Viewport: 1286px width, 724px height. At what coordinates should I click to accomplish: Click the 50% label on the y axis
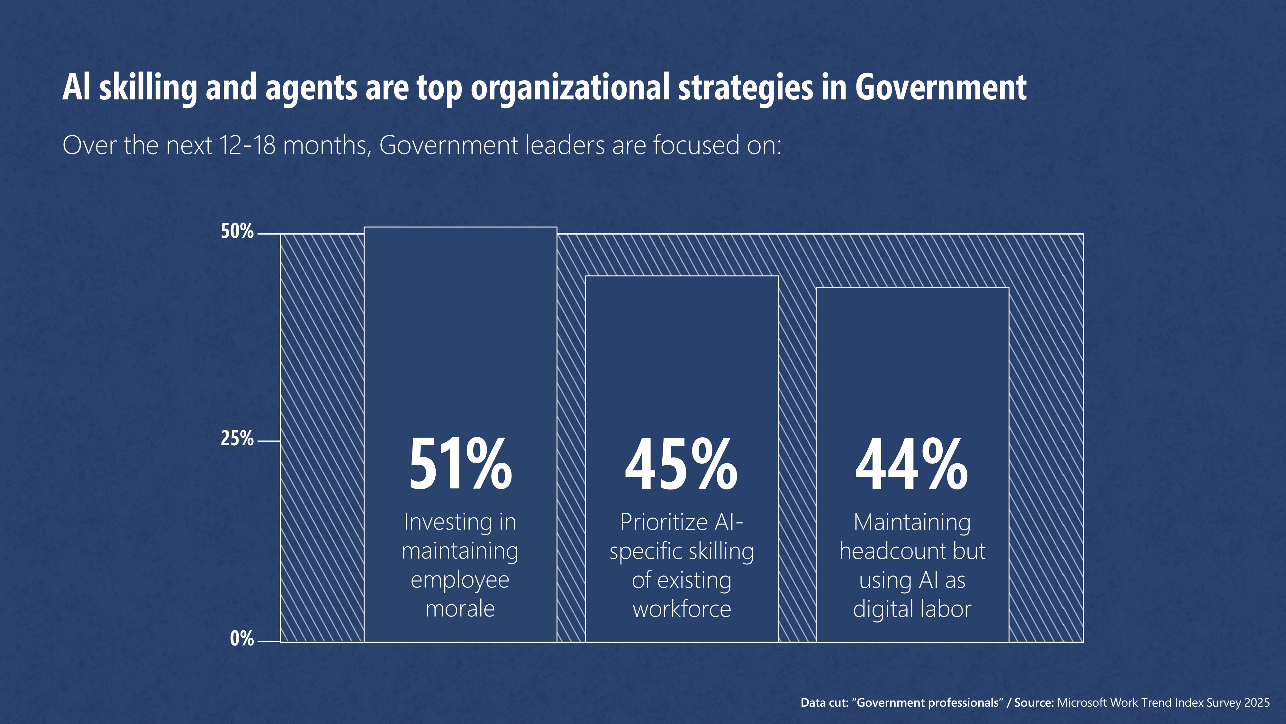point(237,231)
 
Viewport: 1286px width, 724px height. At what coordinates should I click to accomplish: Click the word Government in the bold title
point(940,88)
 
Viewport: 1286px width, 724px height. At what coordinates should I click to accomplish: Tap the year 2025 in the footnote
point(1256,702)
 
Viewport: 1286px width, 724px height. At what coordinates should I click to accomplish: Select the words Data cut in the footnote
point(824,702)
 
